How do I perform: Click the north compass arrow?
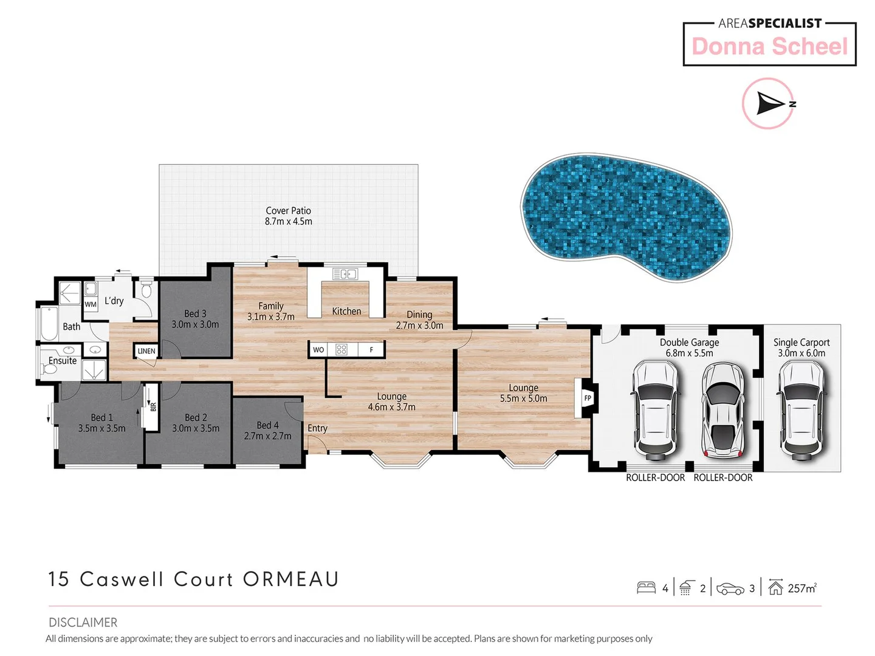tap(770, 104)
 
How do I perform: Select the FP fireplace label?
tap(588, 398)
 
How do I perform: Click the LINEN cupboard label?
tap(146, 351)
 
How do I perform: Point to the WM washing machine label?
tap(91, 304)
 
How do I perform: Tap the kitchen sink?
tap(345, 274)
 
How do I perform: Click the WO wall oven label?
tap(318, 350)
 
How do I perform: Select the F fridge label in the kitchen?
tap(371, 350)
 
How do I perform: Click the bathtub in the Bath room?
tap(49, 323)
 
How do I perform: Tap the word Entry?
tap(317, 428)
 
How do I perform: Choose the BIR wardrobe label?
tap(153, 406)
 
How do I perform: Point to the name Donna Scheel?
tap(769, 47)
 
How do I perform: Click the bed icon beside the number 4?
tap(646, 587)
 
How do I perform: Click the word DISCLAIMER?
tap(83, 623)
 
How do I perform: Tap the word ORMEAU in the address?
tap(290, 579)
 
